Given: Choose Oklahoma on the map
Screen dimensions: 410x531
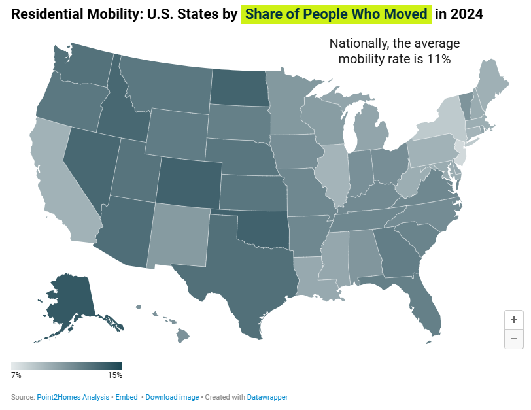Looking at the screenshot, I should click(262, 229).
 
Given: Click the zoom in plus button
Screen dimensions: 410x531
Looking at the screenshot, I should click(514, 320).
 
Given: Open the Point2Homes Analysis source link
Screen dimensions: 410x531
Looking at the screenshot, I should click(74, 397).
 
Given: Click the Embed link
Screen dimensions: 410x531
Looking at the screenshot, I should click(127, 397).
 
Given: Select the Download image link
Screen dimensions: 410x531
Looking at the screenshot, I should click(172, 397).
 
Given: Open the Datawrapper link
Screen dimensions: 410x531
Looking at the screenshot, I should click(267, 397).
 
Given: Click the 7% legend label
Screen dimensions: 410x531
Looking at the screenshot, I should click(16, 375).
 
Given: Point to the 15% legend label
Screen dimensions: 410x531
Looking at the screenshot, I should click(114, 375).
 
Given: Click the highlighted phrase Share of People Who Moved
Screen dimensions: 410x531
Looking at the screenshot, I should click(337, 14).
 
